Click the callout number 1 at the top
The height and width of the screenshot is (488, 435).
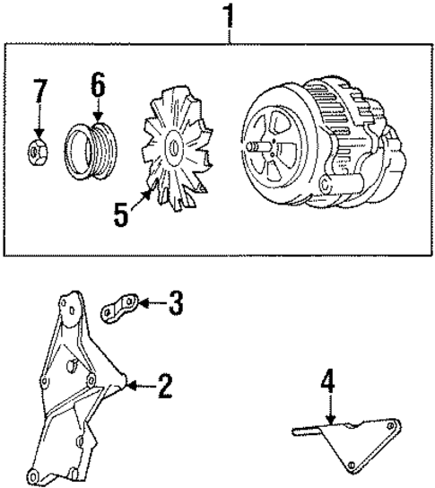pyautogui.click(x=230, y=17)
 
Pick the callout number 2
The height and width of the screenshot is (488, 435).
pyautogui.click(x=164, y=387)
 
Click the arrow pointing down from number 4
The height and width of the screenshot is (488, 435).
pyautogui.click(x=329, y=412)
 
